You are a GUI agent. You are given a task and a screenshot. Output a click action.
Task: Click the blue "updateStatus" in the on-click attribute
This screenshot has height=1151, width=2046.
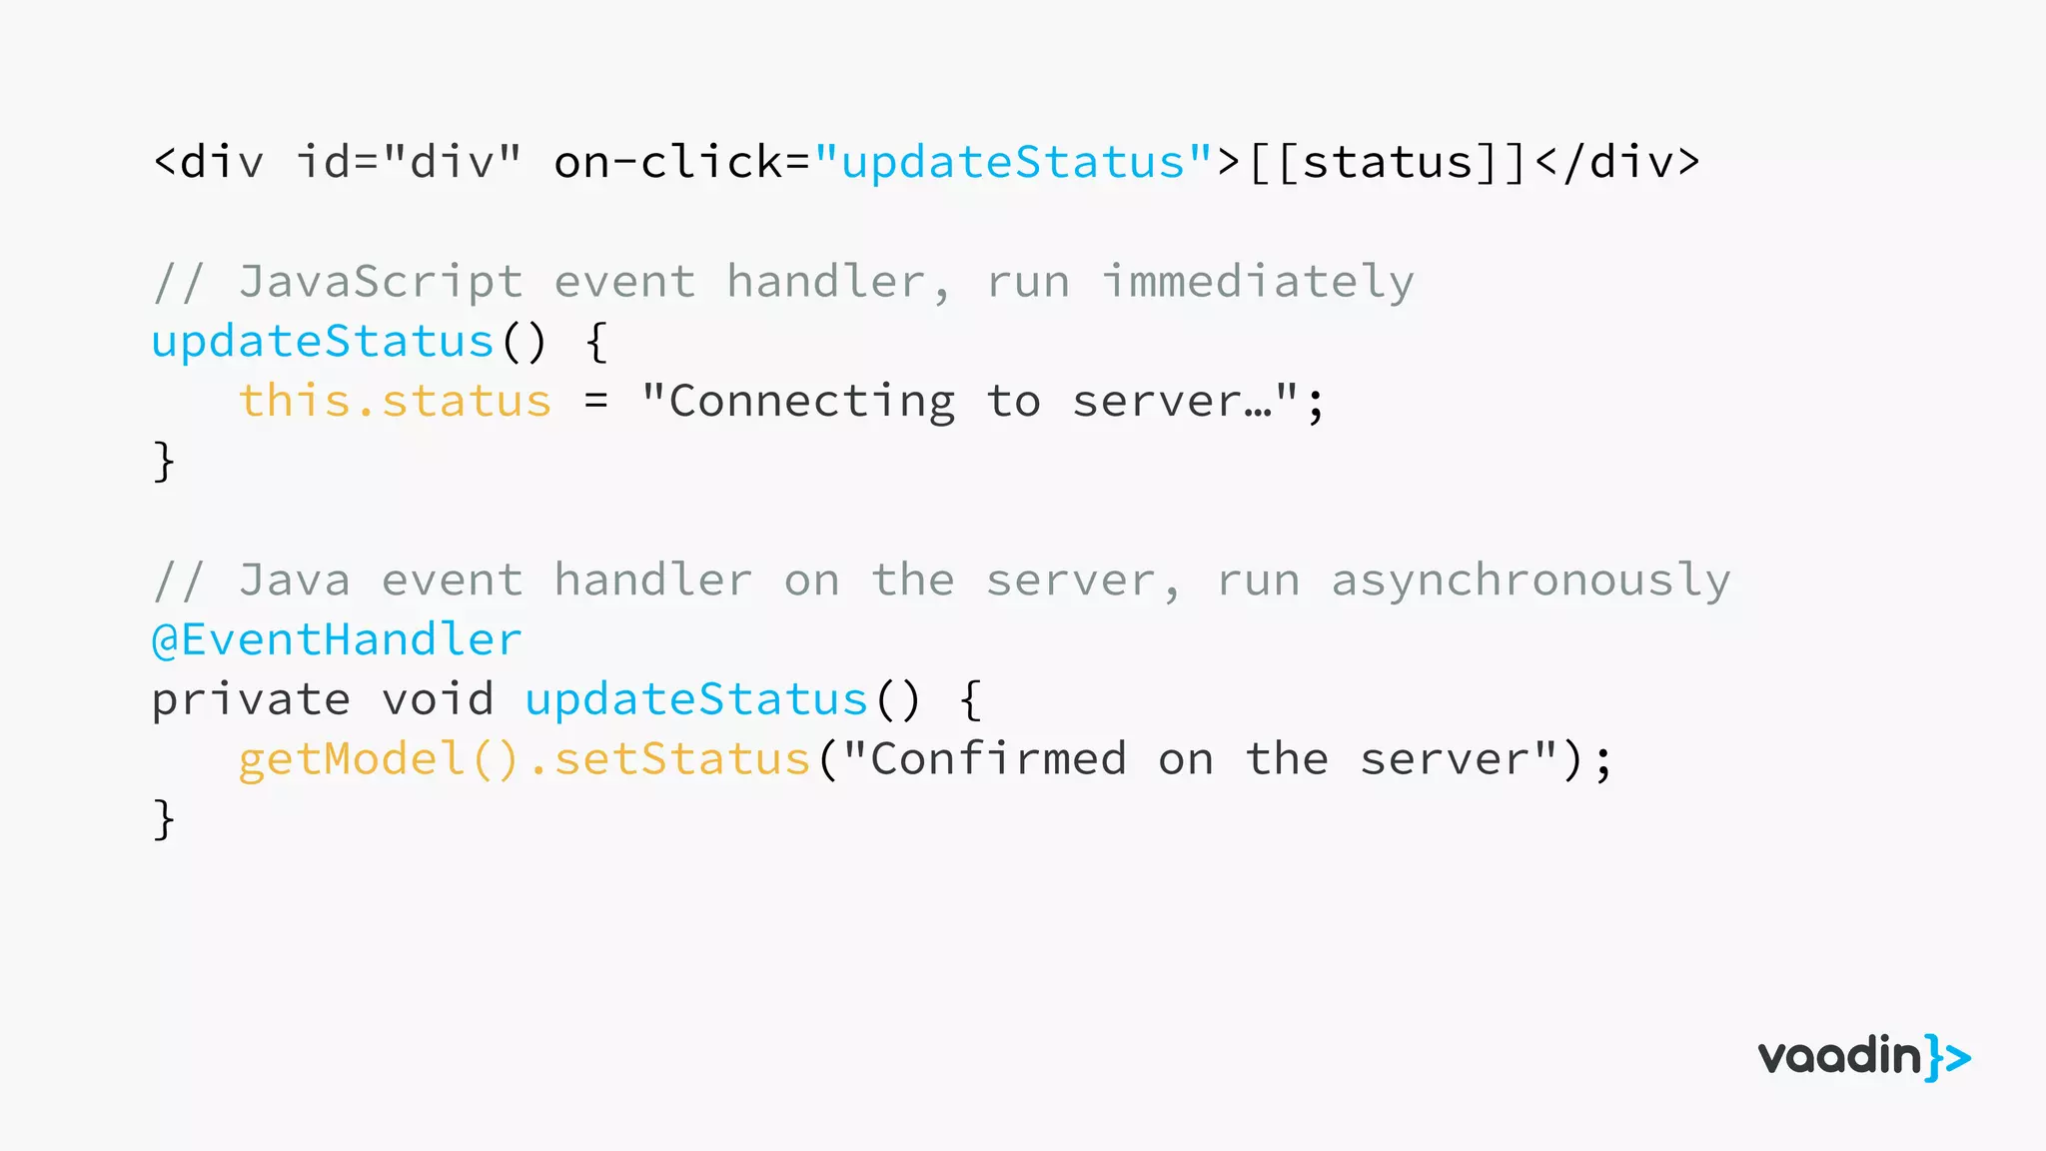pos(1013,162)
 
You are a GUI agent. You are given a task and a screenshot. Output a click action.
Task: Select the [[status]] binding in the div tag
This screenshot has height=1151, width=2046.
pos(1387,162)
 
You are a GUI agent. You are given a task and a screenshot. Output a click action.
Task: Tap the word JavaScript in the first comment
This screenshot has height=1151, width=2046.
pos(381,282)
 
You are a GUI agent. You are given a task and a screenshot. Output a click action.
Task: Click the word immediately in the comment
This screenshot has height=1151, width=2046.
pos(1258,282)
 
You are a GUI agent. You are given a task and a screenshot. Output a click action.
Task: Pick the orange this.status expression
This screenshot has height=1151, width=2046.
pos(395,402)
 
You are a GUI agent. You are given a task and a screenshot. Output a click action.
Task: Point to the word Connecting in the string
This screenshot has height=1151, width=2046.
pos(811,402)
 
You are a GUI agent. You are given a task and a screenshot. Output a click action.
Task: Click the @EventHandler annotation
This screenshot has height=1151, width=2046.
pos(337,639)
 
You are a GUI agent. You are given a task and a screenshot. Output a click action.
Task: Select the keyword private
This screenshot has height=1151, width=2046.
pos(251,699)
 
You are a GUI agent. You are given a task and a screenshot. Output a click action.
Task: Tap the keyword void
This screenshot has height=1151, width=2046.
pos(438,699)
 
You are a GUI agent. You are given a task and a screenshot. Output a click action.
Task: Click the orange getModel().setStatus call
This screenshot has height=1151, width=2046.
pos(523,759)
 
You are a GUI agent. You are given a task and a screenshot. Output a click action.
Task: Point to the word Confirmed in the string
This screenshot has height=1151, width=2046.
pos(998,759)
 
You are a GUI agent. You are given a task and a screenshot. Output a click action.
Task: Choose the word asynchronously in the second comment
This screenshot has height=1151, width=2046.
pos(1531,580)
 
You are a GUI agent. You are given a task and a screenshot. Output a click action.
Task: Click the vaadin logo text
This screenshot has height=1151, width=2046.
pos(1839,1057)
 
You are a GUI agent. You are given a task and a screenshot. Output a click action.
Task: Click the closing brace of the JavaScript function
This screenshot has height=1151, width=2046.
pos(164,462)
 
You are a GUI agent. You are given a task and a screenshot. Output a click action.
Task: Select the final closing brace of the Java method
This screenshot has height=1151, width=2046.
pos(164,819)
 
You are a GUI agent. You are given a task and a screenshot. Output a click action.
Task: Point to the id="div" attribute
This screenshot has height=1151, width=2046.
pos(409,162)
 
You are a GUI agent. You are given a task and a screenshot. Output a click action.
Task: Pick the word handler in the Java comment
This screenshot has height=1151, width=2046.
pos(652,580)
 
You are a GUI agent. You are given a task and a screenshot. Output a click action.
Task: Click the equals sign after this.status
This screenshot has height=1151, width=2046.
pos(596,402)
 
